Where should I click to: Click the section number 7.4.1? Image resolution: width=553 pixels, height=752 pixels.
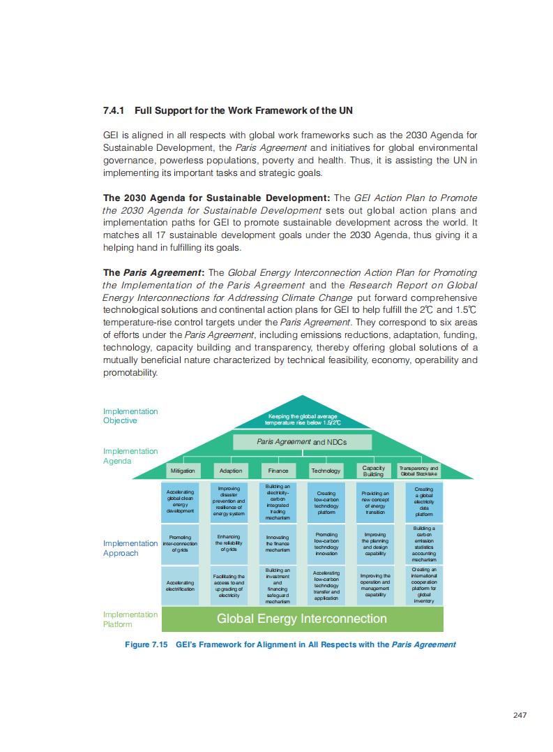114,110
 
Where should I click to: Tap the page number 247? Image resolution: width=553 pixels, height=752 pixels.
519,714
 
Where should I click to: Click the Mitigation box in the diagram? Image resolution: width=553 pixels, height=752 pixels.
183,471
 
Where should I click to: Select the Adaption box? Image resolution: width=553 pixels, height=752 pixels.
231,471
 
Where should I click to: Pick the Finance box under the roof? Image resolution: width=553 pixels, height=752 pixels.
278,471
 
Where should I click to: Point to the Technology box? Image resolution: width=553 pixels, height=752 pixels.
326,471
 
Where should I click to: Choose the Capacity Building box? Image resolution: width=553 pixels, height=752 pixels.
374,471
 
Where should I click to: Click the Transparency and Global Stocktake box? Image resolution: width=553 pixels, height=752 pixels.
418,471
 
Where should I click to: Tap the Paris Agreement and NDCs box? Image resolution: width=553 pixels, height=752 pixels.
301,442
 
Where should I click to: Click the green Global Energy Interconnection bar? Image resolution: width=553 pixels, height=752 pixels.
301,619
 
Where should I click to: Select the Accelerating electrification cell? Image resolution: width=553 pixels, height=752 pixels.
181,585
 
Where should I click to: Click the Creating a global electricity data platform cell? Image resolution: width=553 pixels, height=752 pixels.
423,501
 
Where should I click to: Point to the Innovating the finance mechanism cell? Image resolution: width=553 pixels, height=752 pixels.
278,544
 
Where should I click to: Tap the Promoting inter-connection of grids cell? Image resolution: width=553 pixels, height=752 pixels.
181,544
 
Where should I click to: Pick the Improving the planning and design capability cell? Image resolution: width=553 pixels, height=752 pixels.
375,544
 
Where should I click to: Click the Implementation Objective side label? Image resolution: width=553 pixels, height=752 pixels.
130,415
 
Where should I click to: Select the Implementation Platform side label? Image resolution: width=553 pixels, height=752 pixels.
130,619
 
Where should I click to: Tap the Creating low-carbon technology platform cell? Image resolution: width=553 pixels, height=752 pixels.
326,501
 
